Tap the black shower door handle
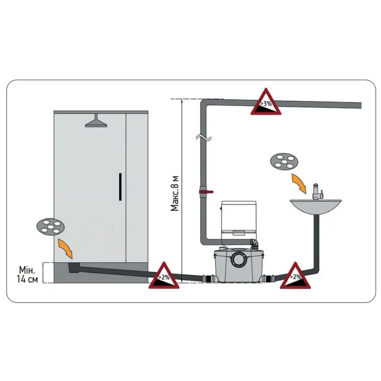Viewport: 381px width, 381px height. click(120, 186)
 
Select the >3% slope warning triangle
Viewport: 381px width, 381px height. click(265, 103)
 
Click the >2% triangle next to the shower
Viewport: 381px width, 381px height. click(164, 276)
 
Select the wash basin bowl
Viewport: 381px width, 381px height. click(315, 207)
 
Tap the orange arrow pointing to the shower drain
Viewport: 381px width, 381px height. click(65, 248)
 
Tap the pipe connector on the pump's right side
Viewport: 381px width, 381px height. click(268, 279)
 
